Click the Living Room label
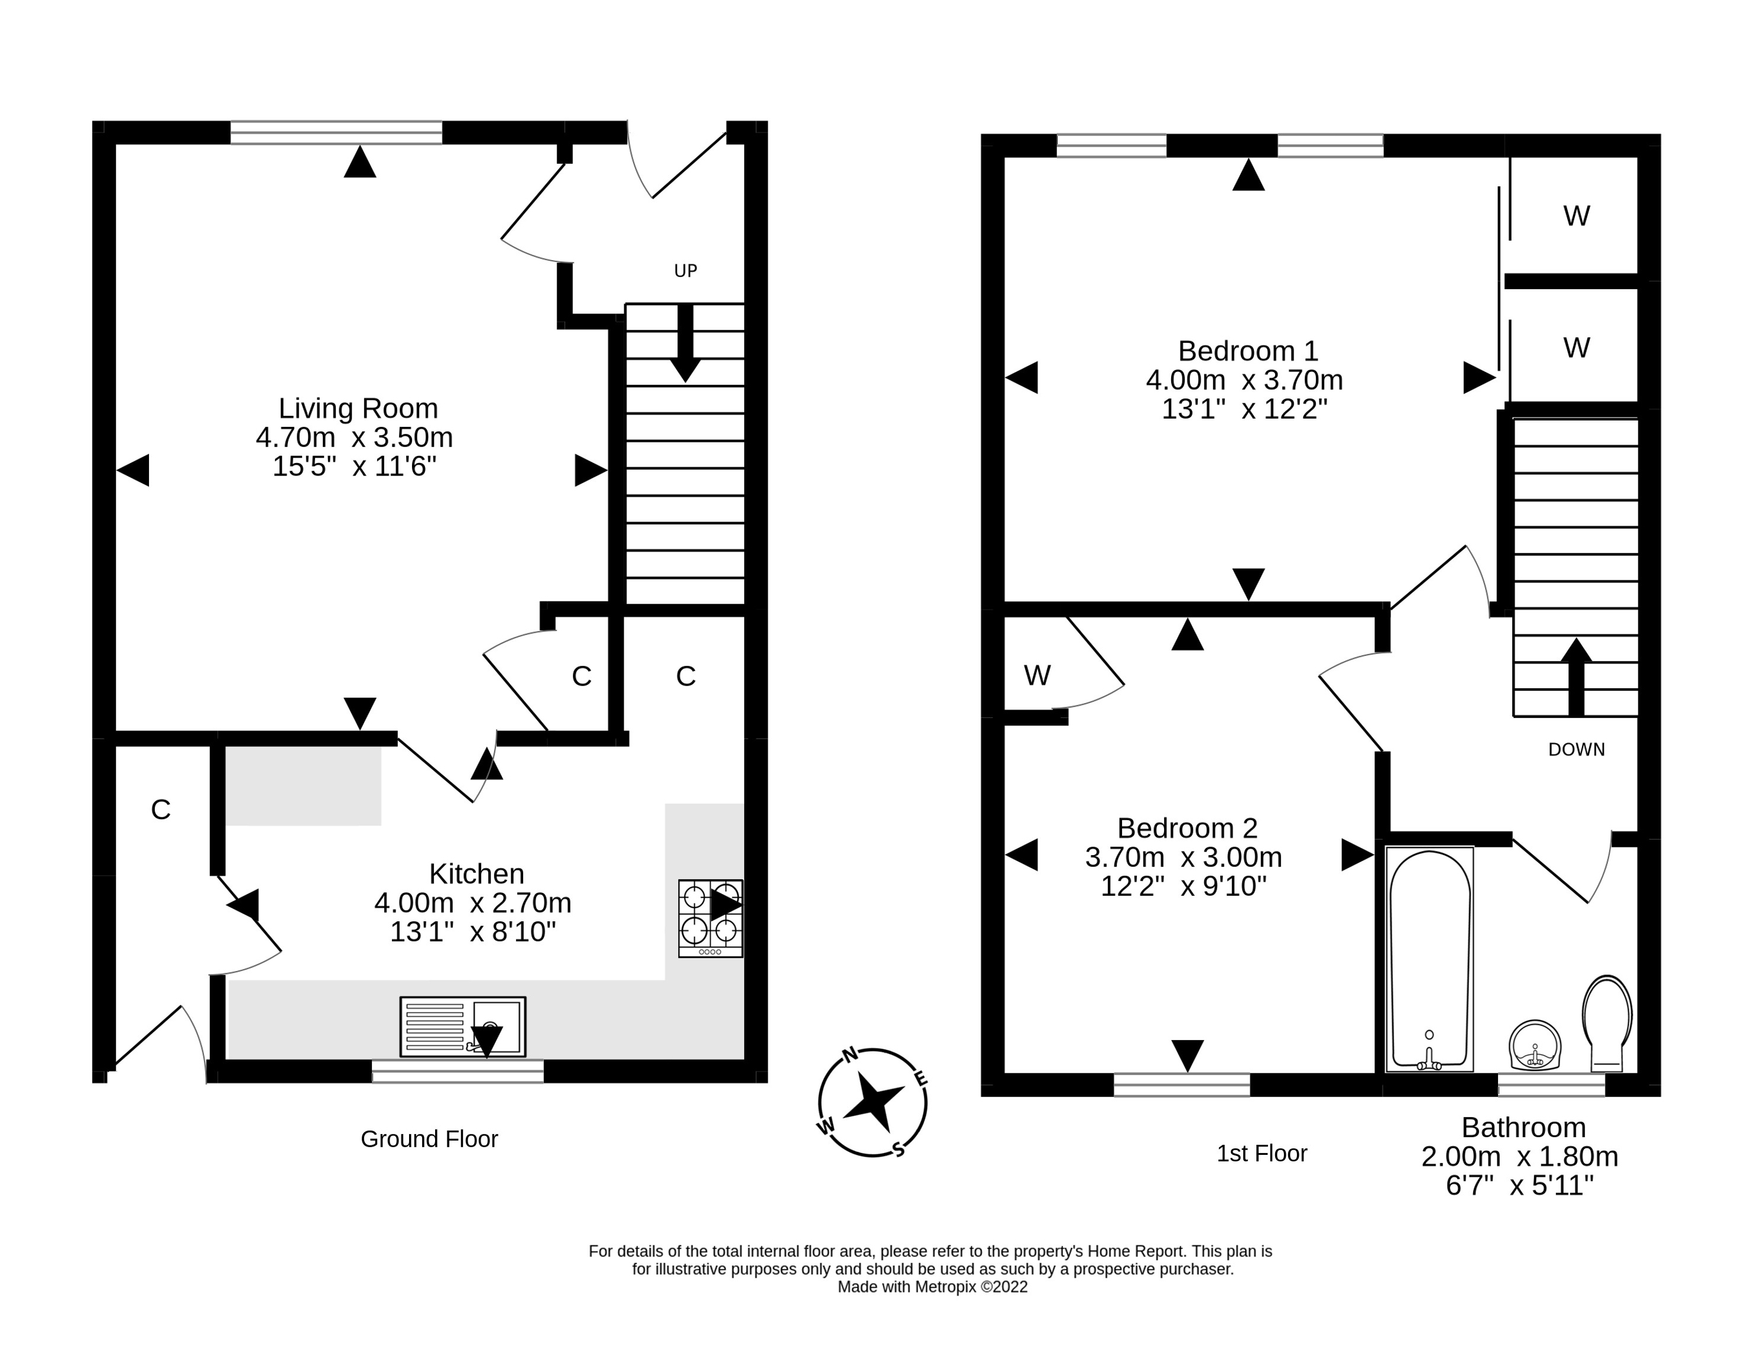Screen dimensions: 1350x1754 coord(358,408)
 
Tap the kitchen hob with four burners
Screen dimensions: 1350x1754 coord(710,918)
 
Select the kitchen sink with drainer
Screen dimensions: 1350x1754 coord(463,1027)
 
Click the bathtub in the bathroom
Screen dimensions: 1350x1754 coord(1429,959)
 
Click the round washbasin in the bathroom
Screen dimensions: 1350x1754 coord(1535,1045)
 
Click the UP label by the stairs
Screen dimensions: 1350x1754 coord(685,271)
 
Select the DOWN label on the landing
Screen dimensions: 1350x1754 coord(1575,749)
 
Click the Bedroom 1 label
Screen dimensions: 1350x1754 coord(1247,351)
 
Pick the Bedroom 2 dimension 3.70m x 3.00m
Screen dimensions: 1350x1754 coord(1183,857)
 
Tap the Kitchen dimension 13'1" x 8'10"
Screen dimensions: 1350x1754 coord(473,931)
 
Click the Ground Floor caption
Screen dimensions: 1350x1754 coord(429,1139)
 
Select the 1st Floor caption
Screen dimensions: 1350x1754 coord(1262,1153)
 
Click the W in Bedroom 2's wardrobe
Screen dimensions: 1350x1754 coord(1037,675)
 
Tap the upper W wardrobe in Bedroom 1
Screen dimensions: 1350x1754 coord(1575,215)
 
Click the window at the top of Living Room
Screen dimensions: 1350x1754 coord(336,132)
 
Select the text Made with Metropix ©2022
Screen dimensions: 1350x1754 coord(932,1287)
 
